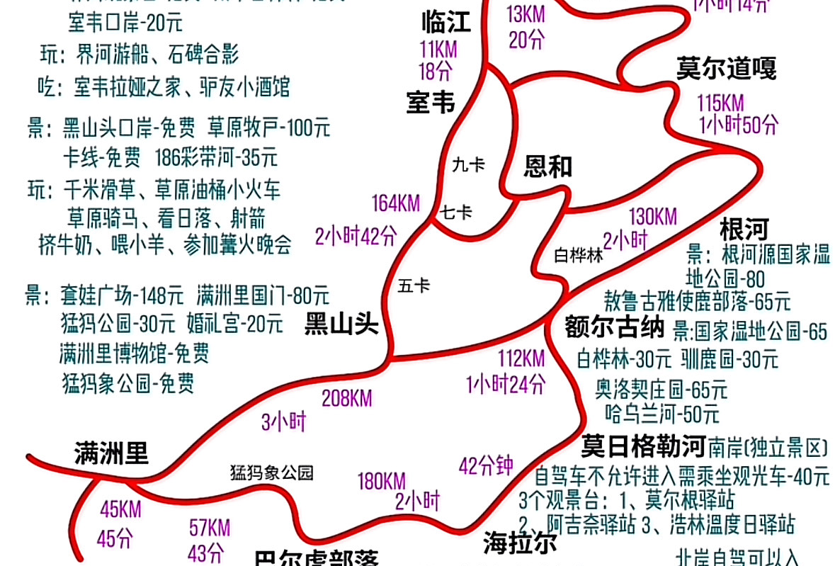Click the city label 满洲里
[111, 453]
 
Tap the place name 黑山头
[341, 324]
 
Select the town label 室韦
[430, 103]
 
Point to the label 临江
[445, 23]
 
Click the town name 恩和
[547, 167]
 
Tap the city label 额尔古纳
[614, 328]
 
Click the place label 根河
[744, 230]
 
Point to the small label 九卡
[468, 165]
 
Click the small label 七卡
[456, 212]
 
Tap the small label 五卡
[414, 285]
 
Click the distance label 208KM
[346, 399]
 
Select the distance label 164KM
[396, 204]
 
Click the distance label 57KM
[210, 528]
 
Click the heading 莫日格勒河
[643, 447]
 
